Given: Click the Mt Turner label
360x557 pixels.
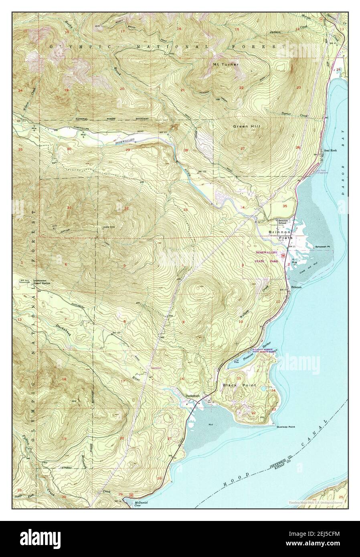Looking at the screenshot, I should coord(226,64).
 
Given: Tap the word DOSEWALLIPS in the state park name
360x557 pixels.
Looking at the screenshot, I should coord(269,253).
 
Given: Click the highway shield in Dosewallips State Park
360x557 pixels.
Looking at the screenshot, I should coord(284,255).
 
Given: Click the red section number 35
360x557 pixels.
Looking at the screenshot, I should coord(285,206).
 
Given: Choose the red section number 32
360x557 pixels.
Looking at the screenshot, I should coord(126,208).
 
